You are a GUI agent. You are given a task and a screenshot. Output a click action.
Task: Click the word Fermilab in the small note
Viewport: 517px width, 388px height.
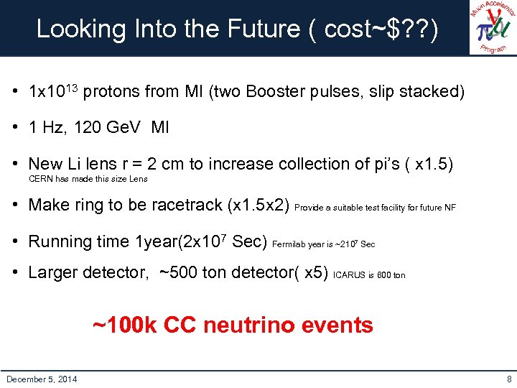[x=289, y=244]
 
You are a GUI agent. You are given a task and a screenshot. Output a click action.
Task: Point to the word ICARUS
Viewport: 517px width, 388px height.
[x=349, y=275]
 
